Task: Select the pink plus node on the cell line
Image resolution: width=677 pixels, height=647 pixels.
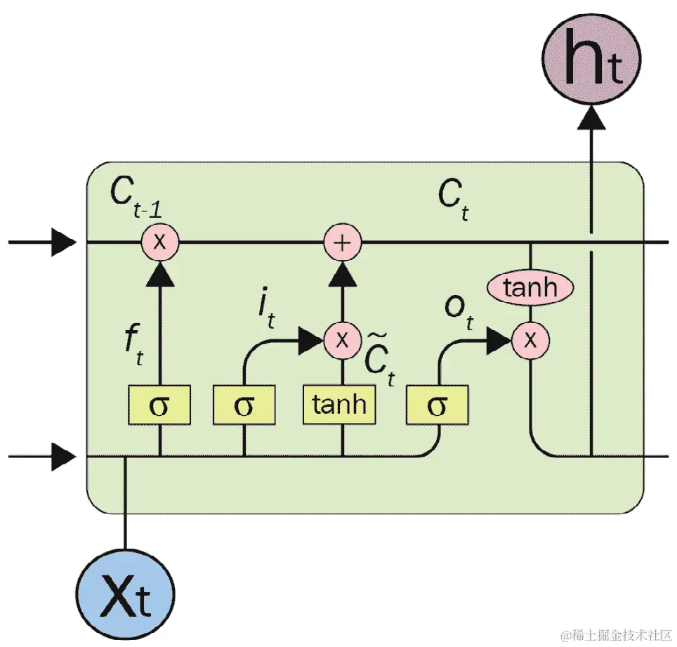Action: pyautogui.click(x=342, y=243)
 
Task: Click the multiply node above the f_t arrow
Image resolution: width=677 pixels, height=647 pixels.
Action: pyautogui.click(x=160, y=243)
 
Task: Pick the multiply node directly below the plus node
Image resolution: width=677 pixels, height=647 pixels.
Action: pyautogui.click(x=342, y=341)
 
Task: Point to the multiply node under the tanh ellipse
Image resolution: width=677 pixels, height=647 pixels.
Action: pyautogui.click(x=530, y=341)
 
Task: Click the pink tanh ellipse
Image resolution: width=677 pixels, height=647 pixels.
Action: pyautogui.click(x=530, y=287)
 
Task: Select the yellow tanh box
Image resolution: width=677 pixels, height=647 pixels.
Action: pyautogui.click(x=338, y=405)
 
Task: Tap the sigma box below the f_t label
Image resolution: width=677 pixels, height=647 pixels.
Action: pyautogui.click(x=159, y=405)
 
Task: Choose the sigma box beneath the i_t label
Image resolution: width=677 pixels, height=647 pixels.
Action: pyautogui.click(x=244, y=405)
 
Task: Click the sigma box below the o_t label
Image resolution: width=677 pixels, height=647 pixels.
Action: pyautogui.click(x=437, y=405)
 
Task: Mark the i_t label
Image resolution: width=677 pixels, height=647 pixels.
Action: pyautogui.click(x=266, y=309)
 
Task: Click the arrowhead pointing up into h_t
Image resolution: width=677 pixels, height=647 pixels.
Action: pyautogui.click(x=591, y=118)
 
